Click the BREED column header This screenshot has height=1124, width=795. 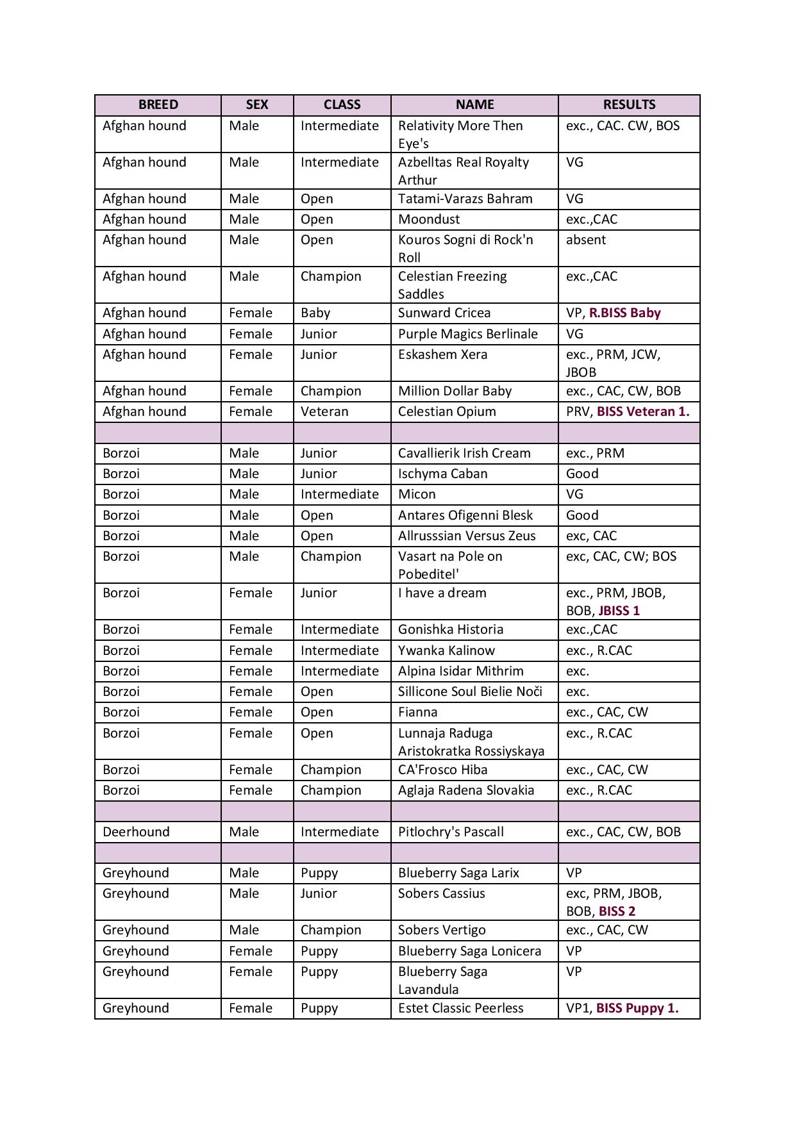(158, 105)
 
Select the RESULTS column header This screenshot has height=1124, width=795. (629, 105)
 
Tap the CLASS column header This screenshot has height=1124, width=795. (342, 105)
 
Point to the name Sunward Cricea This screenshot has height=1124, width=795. (444, 313)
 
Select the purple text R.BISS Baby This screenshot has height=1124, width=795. (624, 313)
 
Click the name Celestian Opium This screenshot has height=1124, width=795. (447, 411)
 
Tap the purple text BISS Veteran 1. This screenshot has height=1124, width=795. (643, 411)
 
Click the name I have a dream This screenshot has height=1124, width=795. (442, 593)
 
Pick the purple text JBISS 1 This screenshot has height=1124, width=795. (619, 611)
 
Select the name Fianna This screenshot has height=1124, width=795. (417, 712)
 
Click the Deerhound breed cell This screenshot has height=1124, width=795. (136, 832)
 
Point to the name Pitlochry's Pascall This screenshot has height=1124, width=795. (451, 832)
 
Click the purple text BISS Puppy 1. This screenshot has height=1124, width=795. (637, 1008)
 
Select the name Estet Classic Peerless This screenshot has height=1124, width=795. (460, 1008)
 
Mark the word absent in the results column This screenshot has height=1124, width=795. (585, 240)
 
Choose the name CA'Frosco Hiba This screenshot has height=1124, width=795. (442, 770)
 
